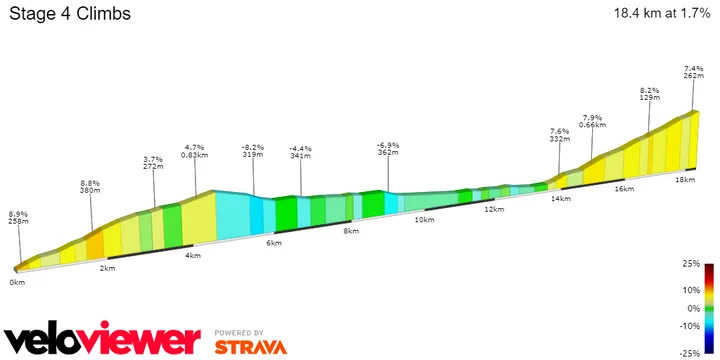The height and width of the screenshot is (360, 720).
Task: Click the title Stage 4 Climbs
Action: [x=69, y=15]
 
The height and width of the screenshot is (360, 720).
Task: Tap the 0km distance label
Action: [x=17, y=283]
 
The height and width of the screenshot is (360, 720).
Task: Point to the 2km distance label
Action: [x=107, y=269]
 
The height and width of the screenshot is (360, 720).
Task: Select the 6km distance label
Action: [x=273, y=243]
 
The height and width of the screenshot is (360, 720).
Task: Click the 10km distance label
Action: [x=423, y=220]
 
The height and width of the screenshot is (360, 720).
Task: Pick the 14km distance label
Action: [x=560, y=198]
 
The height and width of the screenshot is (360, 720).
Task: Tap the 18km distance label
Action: [x=685, y=179]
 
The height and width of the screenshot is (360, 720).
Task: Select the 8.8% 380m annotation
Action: [x=90, y=187]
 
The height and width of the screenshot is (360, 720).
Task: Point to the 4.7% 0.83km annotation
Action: [x=195, y=151]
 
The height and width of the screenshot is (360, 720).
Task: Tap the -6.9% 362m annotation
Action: [x=389, y=149]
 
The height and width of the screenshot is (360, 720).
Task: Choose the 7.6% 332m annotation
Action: [x=560, y=136]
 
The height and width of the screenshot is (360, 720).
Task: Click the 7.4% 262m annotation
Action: [x=695, y=71]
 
